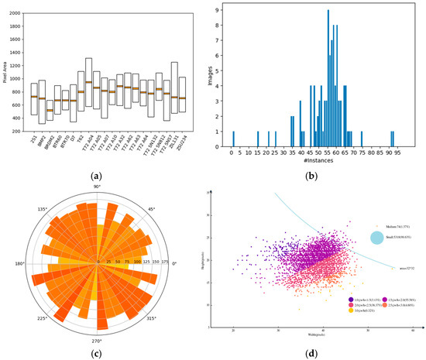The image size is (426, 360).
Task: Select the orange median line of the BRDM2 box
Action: coord(50,110)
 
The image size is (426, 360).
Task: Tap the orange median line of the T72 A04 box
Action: coord(88,82)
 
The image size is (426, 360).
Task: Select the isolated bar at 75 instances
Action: coord(361,137)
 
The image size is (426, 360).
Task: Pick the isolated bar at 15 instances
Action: coord(258,137)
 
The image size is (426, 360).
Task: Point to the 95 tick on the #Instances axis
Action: coord(396,149)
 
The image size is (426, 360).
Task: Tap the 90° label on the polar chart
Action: coord(98,187)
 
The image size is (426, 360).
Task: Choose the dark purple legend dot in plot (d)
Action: coord(309,297)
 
